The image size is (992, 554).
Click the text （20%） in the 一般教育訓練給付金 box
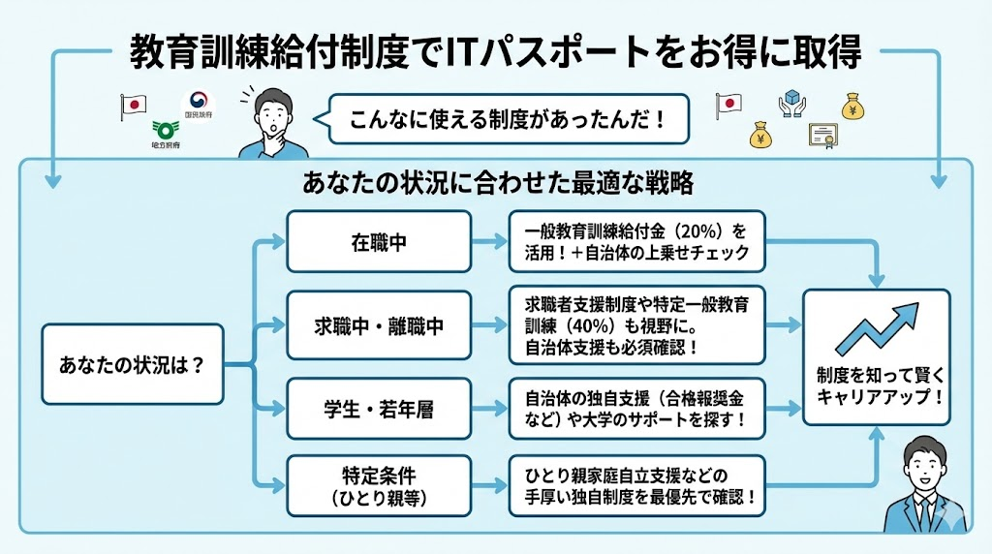[691, 233]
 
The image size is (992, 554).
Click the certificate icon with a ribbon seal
[821, 136]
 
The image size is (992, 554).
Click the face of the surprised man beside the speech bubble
[274, 114]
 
